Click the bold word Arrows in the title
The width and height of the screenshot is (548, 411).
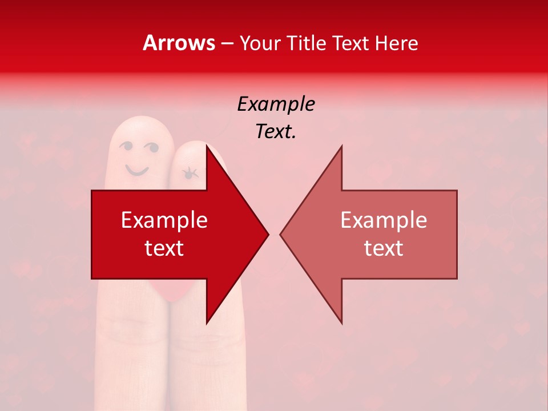[179, 43]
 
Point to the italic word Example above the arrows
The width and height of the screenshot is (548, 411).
[276, 104]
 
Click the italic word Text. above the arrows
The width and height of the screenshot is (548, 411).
[276, 132]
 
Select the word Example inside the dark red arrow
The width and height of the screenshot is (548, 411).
[164, 220]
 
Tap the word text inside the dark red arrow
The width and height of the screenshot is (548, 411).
[164, 248]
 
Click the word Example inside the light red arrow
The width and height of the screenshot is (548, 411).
[384, 220]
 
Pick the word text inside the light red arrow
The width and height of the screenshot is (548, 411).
[384, 248]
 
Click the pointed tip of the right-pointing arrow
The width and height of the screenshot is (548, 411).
[268, 233]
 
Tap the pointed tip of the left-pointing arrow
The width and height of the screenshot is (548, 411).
[281, 233]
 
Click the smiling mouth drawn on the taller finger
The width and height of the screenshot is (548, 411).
[137, 170]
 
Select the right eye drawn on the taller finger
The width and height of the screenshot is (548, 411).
[152, 148]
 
